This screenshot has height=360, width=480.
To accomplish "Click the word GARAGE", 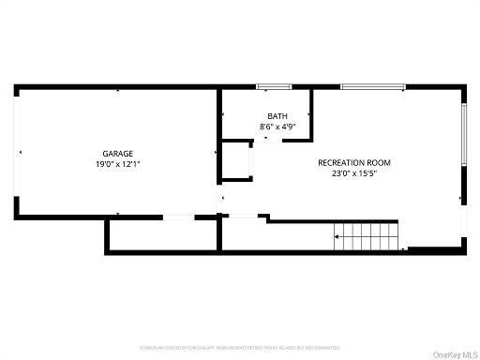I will coord(118,153).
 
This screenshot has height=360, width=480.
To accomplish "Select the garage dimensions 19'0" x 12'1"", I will coord(118,164).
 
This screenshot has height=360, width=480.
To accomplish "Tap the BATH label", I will coord(266,116).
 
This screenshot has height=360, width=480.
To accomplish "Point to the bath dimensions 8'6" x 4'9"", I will coord(266,127).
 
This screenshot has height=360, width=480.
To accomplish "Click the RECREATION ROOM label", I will coord(354,162).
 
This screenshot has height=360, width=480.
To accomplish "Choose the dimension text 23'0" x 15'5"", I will coord(354,172).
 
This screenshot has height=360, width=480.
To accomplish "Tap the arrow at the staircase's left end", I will coord(337,237).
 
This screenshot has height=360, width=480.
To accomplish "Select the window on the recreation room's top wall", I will coord(372,87).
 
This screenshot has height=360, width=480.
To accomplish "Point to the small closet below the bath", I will coord(236,160).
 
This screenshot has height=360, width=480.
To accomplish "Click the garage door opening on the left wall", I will coord(16,152).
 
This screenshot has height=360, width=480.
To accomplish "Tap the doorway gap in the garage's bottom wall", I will coord(178,217).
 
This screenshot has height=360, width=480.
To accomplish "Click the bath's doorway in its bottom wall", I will coord(266,141).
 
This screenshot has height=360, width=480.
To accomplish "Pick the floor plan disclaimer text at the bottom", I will coord(240,348).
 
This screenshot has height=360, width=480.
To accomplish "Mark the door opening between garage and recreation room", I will coord(220,198).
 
